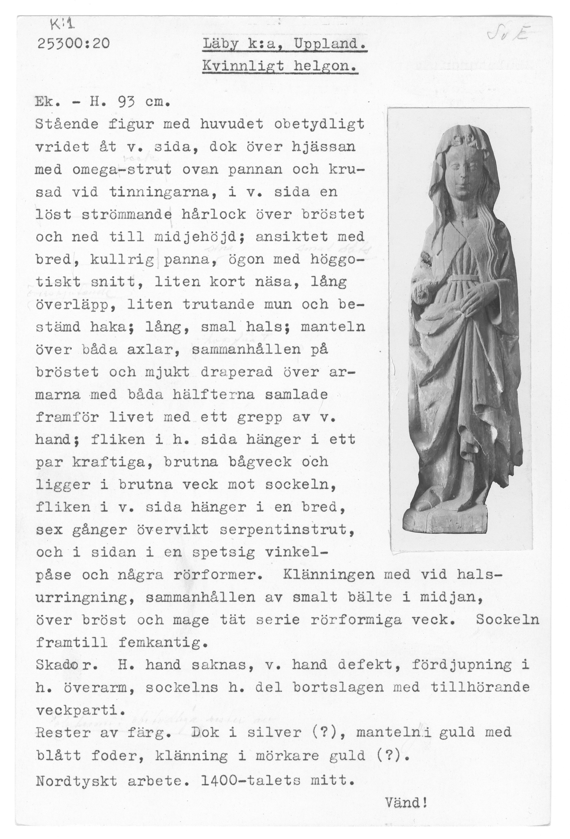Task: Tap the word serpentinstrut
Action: [x=284, y=530]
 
